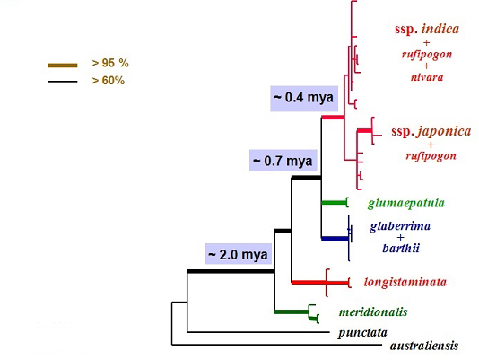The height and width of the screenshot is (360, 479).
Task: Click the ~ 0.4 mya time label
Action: pos(304,98)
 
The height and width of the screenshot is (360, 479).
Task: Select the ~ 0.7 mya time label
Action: pos(283,161)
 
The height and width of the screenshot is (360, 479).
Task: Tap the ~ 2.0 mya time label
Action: pos(239,254)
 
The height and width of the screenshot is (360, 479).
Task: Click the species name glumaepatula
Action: pos(406,204)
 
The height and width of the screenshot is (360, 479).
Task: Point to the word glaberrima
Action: pos(400,226)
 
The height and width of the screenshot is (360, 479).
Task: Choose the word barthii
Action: pos(401,248)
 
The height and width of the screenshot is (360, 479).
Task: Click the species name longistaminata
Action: pos(405,282)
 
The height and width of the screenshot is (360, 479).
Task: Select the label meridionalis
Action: pos(373,312)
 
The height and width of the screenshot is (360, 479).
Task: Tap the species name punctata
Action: pos(362,332)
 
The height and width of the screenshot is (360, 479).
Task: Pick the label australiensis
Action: pos(424,346)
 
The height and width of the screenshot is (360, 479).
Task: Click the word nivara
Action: pos(427,77)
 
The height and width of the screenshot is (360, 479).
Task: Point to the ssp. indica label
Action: pos(427,29)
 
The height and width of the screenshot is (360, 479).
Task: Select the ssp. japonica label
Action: pos(431,131)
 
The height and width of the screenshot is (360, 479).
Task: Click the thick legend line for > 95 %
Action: pos(63,66)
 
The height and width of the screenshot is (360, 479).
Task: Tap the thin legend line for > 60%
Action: pos(63,82)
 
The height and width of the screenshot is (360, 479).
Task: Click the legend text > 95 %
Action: pos(110,63)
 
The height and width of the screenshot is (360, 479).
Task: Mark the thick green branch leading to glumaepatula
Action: pos(335,203)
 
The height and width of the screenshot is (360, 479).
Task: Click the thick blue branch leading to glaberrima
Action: pos(335,238)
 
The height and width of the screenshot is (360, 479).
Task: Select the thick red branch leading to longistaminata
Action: pos(320,282)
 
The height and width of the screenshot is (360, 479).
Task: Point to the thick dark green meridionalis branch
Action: pos(292,312)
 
